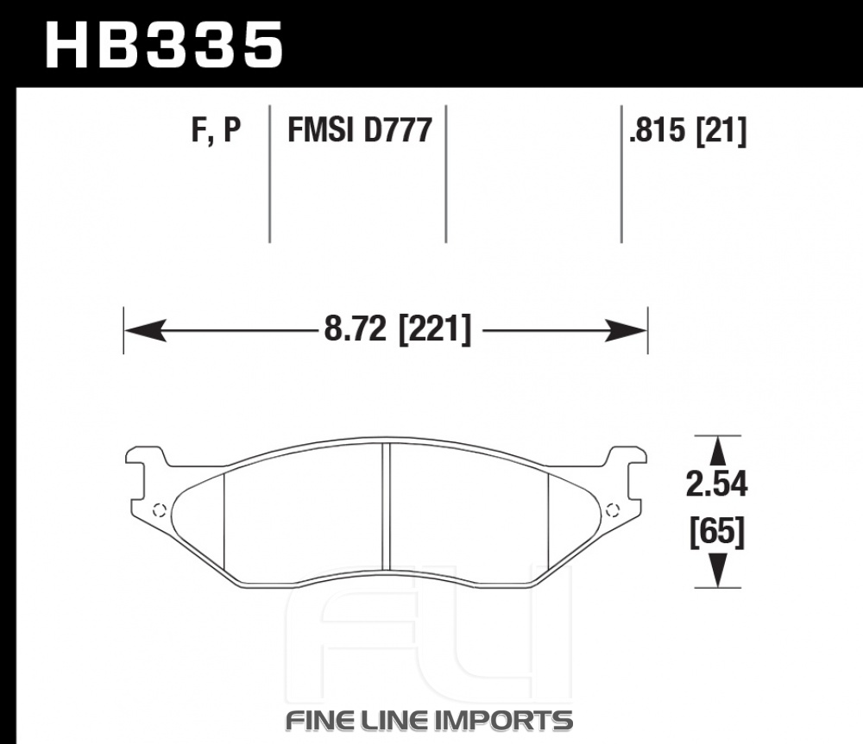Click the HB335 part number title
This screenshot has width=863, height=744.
tap(164, 46)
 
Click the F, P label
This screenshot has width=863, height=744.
tap(217, 130)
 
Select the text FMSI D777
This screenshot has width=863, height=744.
tap(360, 130)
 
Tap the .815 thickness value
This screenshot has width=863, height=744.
tap(658, 130)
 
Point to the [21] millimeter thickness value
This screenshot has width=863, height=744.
tap(721, 131)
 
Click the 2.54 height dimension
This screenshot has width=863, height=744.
tap(716, 485)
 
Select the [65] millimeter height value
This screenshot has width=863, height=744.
tap(717, 532)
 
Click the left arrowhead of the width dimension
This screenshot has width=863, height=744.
tap(145, 330)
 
